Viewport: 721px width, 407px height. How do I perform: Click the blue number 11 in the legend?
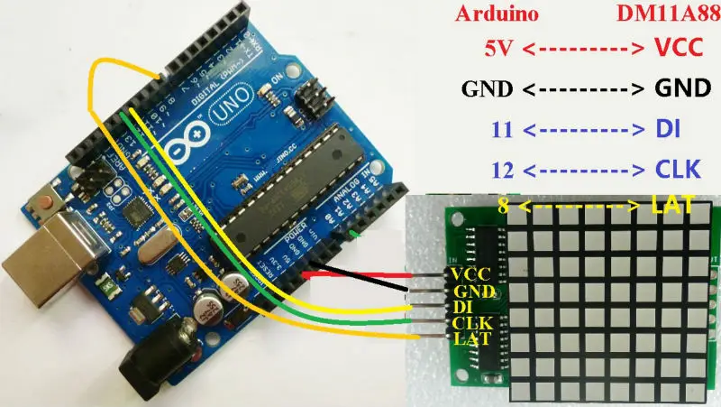tap(504, 129)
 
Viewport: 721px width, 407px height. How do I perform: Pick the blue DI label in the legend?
tap(665, 129)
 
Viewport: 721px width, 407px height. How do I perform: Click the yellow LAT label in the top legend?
tap(672, 206)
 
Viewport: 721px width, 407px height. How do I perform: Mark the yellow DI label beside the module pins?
tap(461, 307)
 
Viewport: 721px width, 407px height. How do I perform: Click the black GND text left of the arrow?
tap(487, 88)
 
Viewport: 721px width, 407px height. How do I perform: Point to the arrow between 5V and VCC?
tap(581, 47)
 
